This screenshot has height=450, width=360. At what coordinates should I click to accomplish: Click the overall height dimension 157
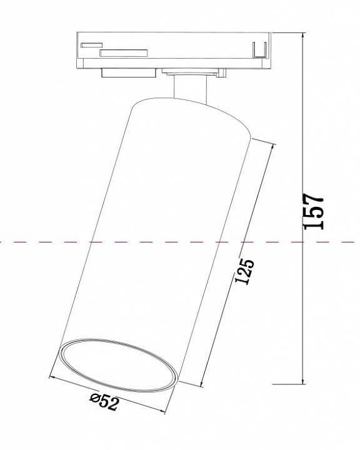[x=315, y=211]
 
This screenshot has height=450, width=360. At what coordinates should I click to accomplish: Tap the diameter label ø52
[x=103, y=402]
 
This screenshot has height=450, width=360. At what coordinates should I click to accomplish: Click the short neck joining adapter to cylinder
[x=188, y=87]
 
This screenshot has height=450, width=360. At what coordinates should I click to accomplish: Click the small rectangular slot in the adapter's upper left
[x=91, y=45]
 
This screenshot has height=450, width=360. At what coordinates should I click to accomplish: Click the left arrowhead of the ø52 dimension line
[x=52, y=377]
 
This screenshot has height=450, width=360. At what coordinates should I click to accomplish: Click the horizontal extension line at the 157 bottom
[x=287, y=383]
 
